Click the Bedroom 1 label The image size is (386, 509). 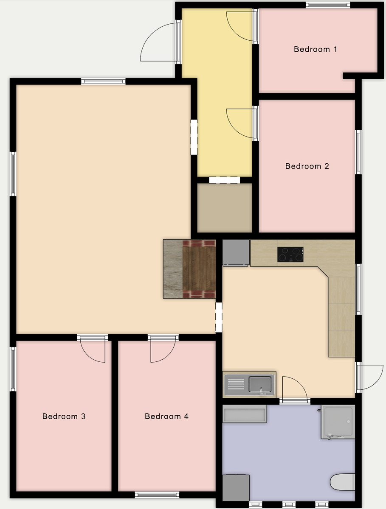pos(315,49)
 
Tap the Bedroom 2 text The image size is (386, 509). pos(307,166)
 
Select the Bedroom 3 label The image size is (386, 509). pos(64,416)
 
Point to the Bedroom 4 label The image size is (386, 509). pos(166,416)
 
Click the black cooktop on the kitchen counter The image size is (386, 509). pos(291,255)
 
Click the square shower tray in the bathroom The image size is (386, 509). pos(338,421)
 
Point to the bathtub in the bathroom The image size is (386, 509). pos(245,414)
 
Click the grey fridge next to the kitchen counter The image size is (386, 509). pos(236,252)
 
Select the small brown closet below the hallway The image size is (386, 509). pos(225,207)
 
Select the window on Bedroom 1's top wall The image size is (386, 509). pos(328,5)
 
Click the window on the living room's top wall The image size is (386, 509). pos(103,81)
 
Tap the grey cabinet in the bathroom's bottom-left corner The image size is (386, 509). pos(236,487)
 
